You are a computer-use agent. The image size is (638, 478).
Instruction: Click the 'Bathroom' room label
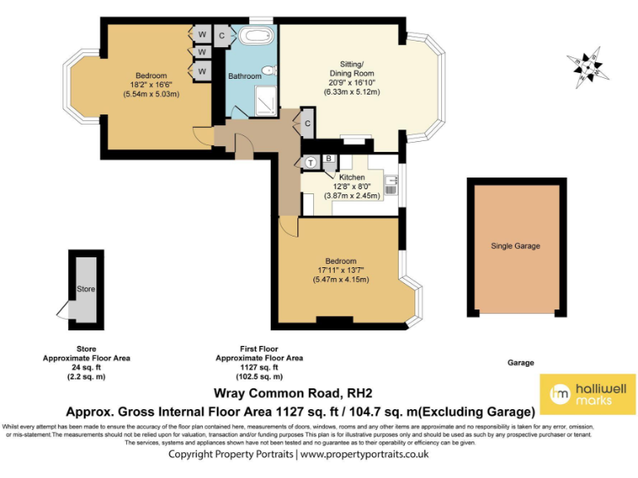(x=245, y=76)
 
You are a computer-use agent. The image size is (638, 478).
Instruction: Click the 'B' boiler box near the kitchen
(x=329, y=159)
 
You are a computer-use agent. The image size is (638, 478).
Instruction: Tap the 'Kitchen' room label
(x=351, y=178)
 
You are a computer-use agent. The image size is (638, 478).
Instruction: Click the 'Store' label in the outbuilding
(x=86, y=290)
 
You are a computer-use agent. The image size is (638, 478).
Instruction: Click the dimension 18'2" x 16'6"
(x=155, y=85)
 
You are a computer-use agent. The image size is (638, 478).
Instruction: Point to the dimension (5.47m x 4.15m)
(x=341, y=280)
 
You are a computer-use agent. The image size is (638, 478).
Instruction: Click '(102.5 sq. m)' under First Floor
(x=259, y=376)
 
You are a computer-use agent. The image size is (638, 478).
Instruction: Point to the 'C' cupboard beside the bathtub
(x=223, y=36)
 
